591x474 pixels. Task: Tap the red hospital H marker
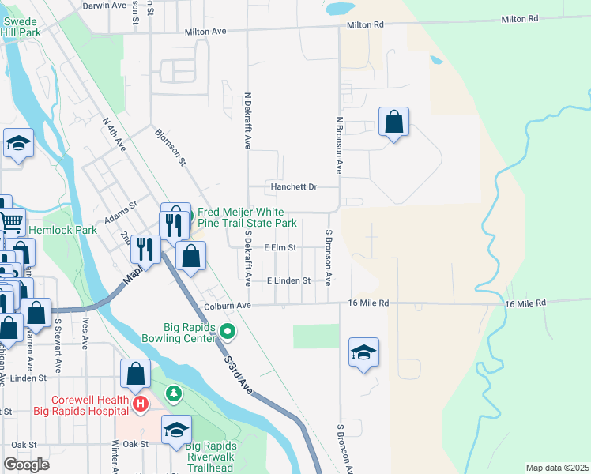[x=141, y=405]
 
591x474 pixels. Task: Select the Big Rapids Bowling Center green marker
[x=228, y=331]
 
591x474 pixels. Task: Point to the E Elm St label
[x=280, y=247]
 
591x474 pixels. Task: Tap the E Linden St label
[x=288, y=281]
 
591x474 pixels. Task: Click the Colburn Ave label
[x=227, y=305]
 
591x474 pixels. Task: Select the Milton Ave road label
[x=205, y=32]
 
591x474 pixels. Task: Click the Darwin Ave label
[x=105, y=5]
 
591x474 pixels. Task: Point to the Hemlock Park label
[x=62, y=231]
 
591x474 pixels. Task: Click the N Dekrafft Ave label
[x=247, y=122]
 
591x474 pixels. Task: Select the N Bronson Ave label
[x=339, y=145]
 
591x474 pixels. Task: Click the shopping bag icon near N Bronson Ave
[x=393, y=122]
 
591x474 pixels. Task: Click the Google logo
[x=27, y=465]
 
